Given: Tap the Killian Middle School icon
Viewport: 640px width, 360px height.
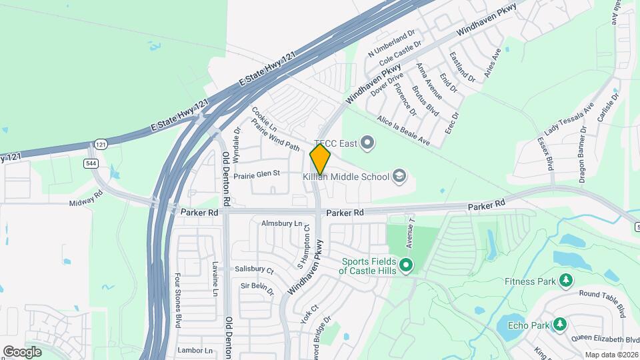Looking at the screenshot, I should click(399, 176).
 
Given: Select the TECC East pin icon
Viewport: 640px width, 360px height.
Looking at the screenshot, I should click(367, 142).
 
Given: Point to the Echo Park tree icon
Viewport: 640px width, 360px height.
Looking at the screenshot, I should click(560, 325).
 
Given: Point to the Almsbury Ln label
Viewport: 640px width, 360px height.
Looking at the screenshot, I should click(281, 223).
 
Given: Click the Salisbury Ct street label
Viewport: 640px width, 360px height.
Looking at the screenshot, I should click(254, 269).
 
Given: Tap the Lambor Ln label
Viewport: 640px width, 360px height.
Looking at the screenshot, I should click(195, 350).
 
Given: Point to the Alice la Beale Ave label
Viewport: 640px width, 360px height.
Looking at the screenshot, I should click(403, 130).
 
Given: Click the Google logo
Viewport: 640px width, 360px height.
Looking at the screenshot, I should click(22, 351).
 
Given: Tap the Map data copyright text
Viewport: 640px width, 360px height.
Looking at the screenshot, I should click(611, 355).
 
